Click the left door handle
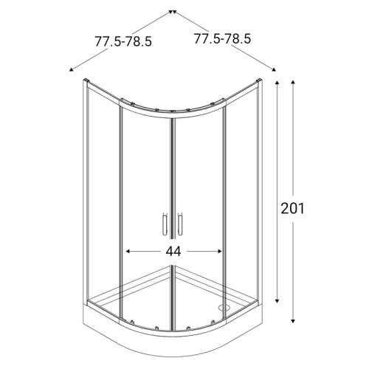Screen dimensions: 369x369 click(x=163, y=224)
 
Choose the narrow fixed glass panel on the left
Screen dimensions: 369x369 click(x=104, y=199)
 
